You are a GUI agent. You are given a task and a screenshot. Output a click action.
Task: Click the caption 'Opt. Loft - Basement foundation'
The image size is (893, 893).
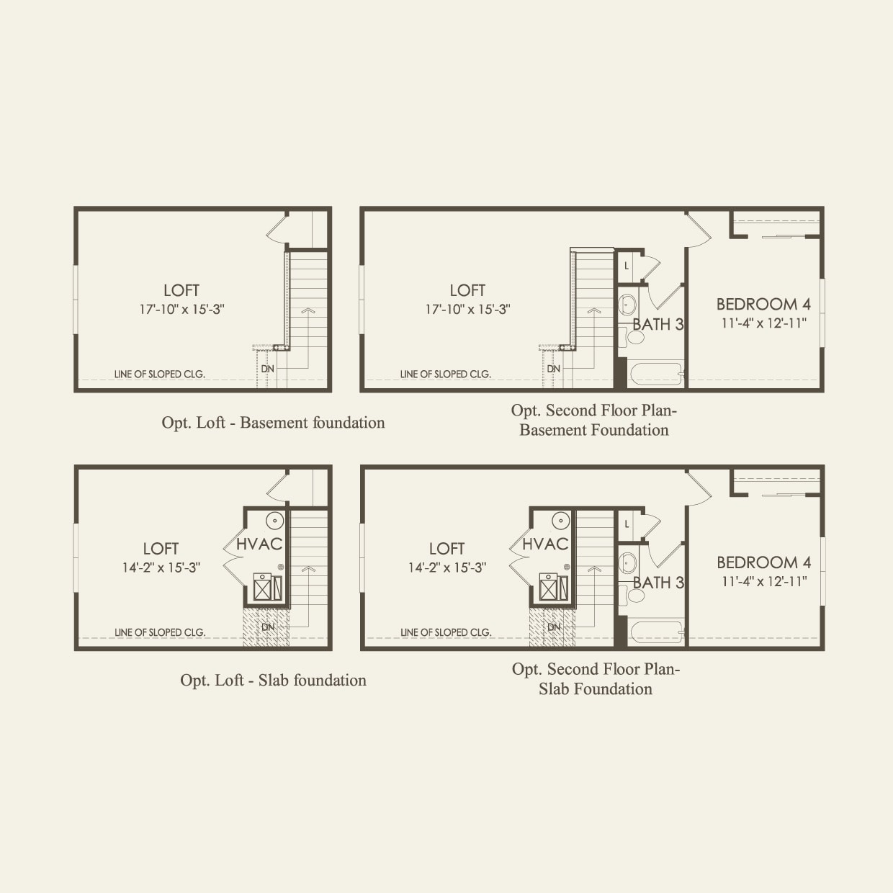click(x=273, y=423)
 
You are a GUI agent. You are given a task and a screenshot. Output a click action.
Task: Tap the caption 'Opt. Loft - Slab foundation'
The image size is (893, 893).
click(x=273, y=681)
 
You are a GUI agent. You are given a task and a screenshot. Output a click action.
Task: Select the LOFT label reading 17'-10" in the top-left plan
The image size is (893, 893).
click(x=181, y=290)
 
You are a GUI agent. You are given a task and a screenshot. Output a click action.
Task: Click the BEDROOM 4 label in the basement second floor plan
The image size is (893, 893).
click(x=763, y=304)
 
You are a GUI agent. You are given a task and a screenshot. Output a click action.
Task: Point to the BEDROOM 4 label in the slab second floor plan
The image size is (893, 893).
click(x=763, y=562)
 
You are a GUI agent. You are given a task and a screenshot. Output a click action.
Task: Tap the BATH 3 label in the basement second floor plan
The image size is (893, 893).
click(x=658, y=325)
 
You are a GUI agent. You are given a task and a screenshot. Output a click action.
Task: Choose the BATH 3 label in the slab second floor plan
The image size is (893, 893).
click(x=658, y=583)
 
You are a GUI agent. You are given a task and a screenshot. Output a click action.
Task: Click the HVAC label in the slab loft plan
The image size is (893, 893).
click(x=259, y=544)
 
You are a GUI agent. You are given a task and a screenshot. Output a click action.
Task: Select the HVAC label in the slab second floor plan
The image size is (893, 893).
click(x=545, y=544)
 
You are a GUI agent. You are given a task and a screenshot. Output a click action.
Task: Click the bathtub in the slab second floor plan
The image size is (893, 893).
click(x=656, y=632)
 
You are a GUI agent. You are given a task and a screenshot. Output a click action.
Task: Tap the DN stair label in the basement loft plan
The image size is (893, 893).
click(x=268, y=369)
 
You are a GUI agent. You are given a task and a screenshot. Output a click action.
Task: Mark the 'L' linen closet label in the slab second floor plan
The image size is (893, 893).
click(x=627, y=524)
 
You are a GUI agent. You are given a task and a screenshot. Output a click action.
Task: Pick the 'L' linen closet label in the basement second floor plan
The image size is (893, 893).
click(x=627, y=266)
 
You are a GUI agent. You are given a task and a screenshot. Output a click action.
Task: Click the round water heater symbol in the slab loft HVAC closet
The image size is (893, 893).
click(x=274, y=521)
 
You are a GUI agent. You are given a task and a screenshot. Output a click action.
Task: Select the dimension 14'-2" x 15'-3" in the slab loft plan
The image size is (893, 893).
click(x=161, y=567)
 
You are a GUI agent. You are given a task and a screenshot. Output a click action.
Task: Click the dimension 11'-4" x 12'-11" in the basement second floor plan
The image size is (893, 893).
click(x=763, y=323)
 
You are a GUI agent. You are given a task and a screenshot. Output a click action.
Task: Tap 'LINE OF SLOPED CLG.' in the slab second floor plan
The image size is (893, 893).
click(x=446, y=632)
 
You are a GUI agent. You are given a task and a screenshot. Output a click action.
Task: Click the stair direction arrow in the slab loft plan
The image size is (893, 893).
click(x=308, y=569)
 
